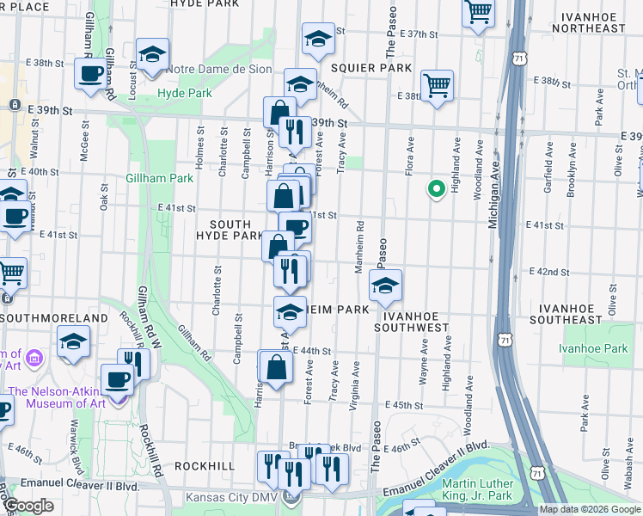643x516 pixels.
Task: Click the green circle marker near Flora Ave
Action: point(436,188)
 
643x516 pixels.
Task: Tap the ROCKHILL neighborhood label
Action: point(205,465)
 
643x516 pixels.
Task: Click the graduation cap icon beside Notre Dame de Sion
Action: point(152,55)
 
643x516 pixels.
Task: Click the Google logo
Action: point(29,506)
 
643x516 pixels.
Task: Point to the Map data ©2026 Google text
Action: point(589,509)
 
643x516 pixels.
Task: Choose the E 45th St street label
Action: point(405,404)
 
